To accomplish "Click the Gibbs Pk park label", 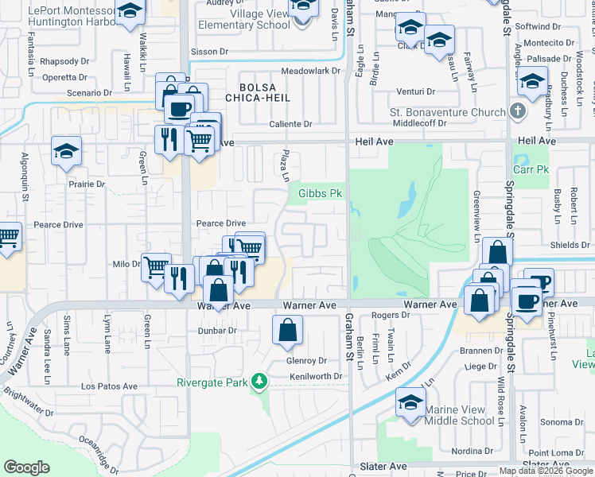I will (x=320, y=193).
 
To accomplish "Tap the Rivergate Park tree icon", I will (x=259, y=382).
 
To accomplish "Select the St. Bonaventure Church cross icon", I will (x=518, y=111).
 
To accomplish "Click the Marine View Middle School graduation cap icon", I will (x=410, y=402).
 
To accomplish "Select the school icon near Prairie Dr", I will (x=67, y=152).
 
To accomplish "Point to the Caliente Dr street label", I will (x=290, y=124).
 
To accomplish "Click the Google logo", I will (x=27, y=467).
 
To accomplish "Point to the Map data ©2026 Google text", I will (x=546, y=471).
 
